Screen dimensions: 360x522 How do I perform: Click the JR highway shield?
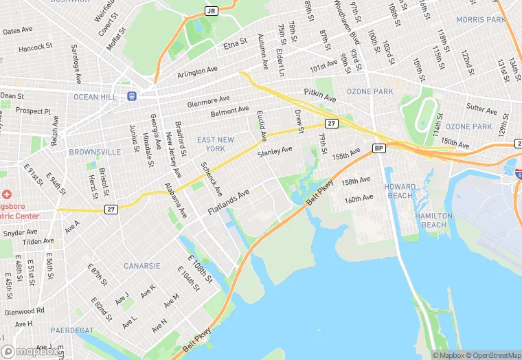pos(211,12)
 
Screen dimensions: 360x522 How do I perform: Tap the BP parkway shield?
pos(378,148)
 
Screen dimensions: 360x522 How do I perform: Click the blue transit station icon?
pos(131,96)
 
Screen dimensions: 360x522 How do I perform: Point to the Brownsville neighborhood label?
pos(95,152)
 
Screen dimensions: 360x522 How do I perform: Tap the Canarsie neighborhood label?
pos(142,265)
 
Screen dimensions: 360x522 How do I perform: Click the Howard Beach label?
pos(400,192)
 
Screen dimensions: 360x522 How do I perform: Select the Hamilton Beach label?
pos(434,220)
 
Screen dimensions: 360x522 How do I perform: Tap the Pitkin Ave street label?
pos(319,99)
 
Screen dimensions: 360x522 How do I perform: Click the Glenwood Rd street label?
pos(23,311)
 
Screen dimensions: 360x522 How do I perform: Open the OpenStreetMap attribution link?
pos(490,355)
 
